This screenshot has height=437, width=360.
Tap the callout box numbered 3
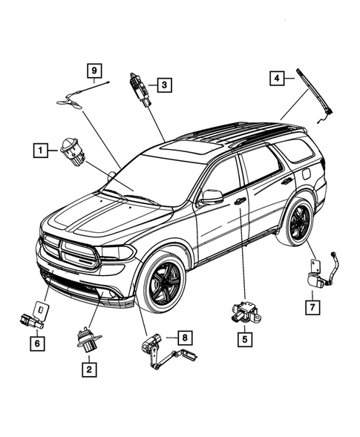click(x=164, y=85)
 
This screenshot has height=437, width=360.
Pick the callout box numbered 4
click(x=276, y=77)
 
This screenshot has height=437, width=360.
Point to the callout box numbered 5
click(x=243, y=339)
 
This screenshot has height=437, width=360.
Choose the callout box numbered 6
click(x=35, y=344)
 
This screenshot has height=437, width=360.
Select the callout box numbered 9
click(x=94, y=70)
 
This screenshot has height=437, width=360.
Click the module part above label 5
click(x=243, y=311)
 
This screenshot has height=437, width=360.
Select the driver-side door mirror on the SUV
click(x=212, y=197)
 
